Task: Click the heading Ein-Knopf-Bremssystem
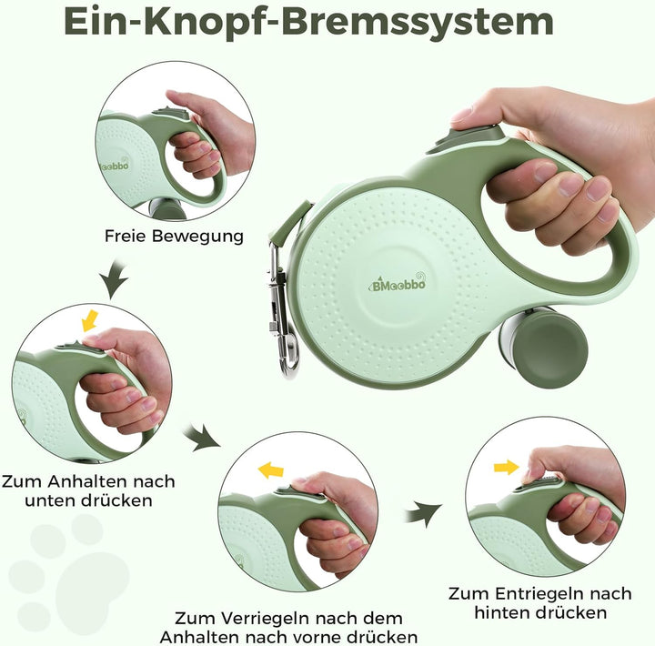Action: click(x=309, y=22)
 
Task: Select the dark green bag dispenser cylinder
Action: click(x=544, y=347)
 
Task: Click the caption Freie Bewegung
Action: click(x=174, y=236)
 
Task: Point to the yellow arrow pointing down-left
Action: click(x=89, y=320)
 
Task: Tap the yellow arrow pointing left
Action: click(x=271, y=470)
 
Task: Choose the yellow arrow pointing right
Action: click(x=507, y=467)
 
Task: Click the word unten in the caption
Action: click(x=51, y=500)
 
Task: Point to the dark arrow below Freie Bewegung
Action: click(x=113, y=278)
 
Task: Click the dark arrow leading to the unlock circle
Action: click(x=423, y=513)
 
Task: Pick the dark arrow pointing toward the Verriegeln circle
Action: click(x=202, y=438)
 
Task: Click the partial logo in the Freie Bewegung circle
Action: click(x=115, y=165)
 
